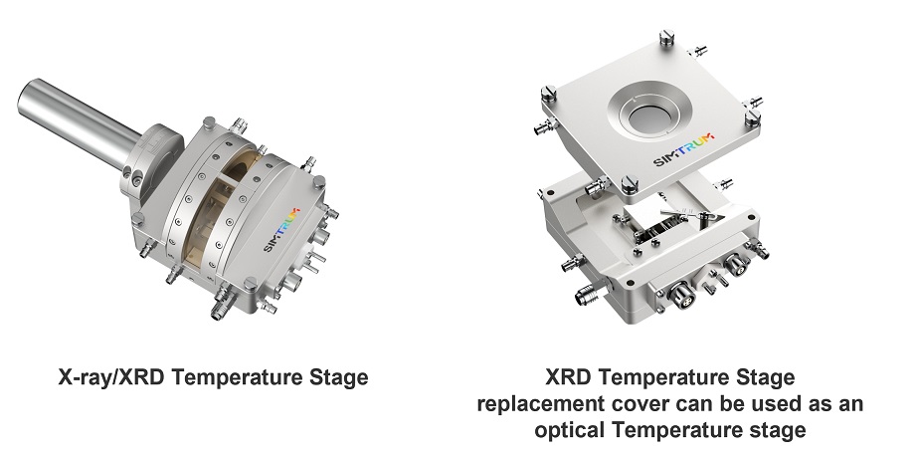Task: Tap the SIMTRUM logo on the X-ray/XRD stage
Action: click(282, 229)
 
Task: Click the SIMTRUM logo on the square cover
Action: click(683, 149)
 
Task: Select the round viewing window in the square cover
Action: click(650, 114)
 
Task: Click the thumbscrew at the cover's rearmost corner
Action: click(667, 39)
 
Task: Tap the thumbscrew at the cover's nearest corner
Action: click(629, 184)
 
